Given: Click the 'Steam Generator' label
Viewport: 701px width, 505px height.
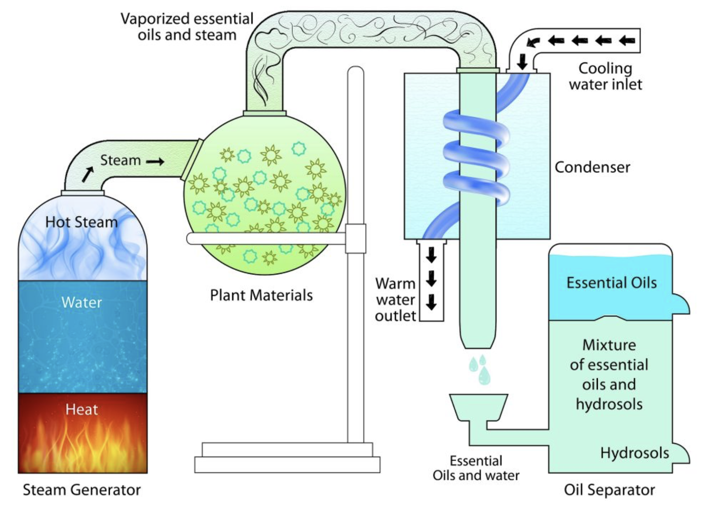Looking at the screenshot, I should click(81, 490).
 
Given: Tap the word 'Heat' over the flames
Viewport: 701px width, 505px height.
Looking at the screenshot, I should click(81, 409).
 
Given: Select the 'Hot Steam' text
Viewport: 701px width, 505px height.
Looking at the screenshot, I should click(81, 222).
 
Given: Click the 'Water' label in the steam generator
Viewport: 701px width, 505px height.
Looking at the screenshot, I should click(81, 302).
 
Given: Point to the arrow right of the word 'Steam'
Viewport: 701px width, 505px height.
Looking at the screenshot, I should click(155, 162).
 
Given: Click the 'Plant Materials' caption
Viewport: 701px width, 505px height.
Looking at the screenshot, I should click(261, 295).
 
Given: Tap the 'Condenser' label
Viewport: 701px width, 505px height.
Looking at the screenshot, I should click(592, 167).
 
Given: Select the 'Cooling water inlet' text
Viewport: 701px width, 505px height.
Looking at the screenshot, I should click(605, 76).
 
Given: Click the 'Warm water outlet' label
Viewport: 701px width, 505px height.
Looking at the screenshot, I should click(395, 300).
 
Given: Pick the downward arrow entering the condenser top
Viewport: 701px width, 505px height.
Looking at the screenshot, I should click(522, 62).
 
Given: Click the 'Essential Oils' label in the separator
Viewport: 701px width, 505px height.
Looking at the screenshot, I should click(611, 283).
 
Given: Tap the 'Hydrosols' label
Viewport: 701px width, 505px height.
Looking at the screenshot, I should click(634, 453).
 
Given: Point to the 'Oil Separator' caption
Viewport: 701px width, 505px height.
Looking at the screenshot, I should click(609, 490).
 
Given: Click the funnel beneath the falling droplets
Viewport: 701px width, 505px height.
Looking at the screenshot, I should click(478, 407).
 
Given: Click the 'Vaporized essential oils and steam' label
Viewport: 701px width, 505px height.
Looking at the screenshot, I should click(187, 27).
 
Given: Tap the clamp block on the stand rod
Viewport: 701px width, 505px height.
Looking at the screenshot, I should click(356, 239).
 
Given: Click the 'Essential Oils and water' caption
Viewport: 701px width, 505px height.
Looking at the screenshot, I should click(476, 468).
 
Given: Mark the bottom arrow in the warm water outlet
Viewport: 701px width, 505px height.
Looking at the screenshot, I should click(431, 302).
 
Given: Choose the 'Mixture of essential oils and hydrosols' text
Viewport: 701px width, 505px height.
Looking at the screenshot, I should click(609, 374).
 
